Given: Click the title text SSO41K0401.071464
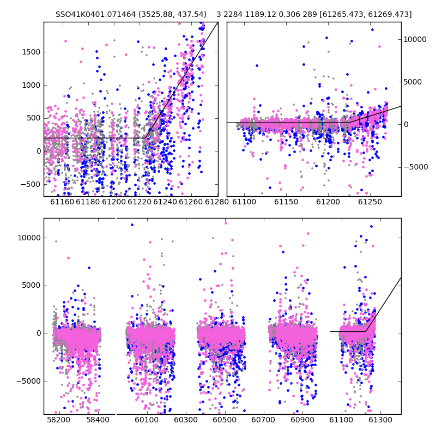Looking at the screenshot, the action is pyautogui.click(x=96, y=14).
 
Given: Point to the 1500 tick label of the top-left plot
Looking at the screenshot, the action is pyautogui.click(x=32, y=52).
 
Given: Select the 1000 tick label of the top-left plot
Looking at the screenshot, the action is pyautogui.click(x=32, y=85).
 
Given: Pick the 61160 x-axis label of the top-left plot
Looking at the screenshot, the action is pyautogui.click(x=62, y=202).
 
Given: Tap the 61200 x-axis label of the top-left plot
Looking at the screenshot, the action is pyautogui.click(x=114, y=202).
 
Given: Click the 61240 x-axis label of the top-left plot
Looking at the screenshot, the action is pyautogui.click(x=165, y=202).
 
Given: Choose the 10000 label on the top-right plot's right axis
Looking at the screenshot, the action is pyautogui.click(x=415, y=39).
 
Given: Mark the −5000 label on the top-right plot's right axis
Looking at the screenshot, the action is pyautogui.click(x=416, y=167).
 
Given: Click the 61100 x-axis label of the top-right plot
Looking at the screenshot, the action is pyautogui.click(x=244, y=202).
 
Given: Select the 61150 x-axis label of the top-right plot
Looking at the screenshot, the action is pyautogui.click(x=286, y=202).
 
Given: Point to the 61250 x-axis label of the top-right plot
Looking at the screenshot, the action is pyautogui.click(x=370, y=202).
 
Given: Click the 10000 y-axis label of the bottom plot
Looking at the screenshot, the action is pyautogui.click(x=29, y=238).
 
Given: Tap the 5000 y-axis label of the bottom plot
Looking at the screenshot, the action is pyautogui.click(x=31, y=286).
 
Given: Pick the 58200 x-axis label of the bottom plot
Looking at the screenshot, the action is pyautogui.click(x=58, y=420).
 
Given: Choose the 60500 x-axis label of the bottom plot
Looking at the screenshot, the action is pyautogui.click(x=225, y=420).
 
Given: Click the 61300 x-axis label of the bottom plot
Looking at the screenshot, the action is pyautogui.click(x=380, y=420).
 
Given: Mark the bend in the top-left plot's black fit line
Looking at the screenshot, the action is pyautogui.click(x=145, y=138).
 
